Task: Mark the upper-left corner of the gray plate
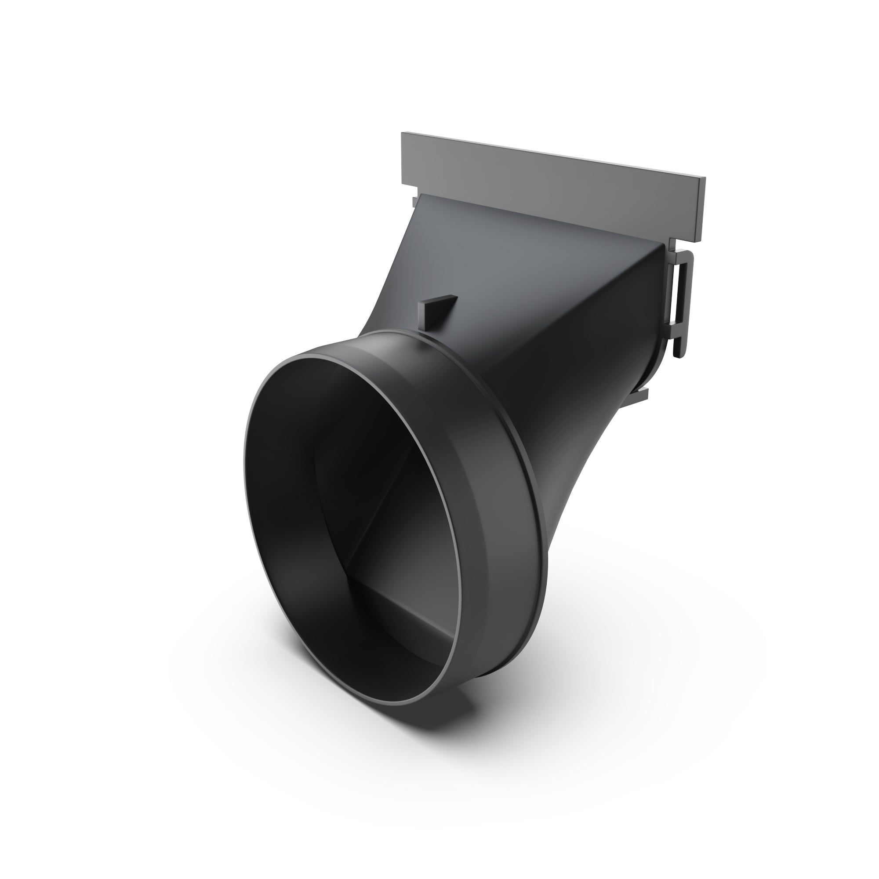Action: [x=402, y=134]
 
